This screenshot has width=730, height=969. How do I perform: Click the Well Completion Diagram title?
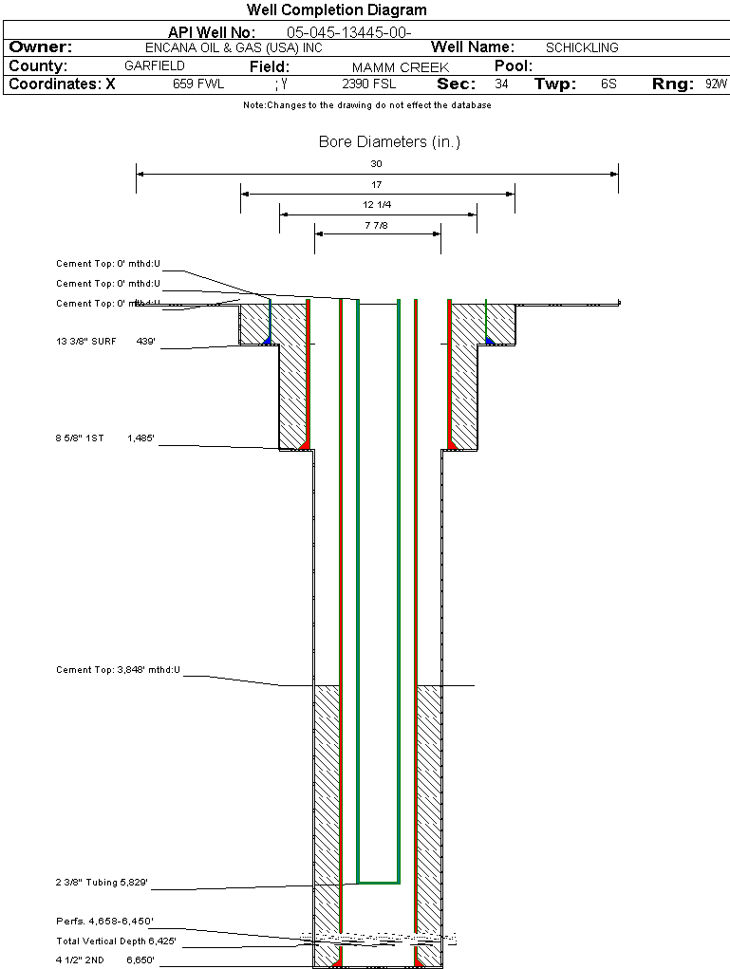pyautogui.click(x=337, y=10)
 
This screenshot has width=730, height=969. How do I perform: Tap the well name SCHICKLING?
pyautogui.click(x=582, y=47)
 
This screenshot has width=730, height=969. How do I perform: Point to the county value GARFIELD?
pyautogui.click(x=155, y=66)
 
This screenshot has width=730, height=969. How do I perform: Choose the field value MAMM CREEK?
pyautogui.click(x=400, y=67)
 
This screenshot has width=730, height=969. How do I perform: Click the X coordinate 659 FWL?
pyautogui.click(x=198, y=84)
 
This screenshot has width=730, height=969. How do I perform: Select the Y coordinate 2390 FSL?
pyautogui.click(x=369, y=84)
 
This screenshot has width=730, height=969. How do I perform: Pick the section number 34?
pyautogui.click(x=501, y=84)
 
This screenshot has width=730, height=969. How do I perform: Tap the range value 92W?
pyautogui.click(x=716, y=84)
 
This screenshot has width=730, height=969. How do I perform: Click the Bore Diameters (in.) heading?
pyautogui.click(x=389, y=142)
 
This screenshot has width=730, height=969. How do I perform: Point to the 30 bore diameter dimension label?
pyautogui.click(x=377, y=163)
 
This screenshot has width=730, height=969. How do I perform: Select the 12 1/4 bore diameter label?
pyautogui.click(x=377, y=205)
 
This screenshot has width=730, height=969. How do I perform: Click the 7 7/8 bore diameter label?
pyautogui.click(x=377, y=225)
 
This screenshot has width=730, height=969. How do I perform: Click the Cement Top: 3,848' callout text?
pyautogui.click(x=118, y=670)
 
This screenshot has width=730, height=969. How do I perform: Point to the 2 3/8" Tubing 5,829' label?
pyautogui.click(x=102, y=884)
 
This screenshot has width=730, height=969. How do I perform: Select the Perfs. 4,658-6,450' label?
pyautogui.click(x=104, y=922)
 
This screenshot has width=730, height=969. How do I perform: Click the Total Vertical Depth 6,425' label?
pyautogui.click(x=116, y=941)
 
